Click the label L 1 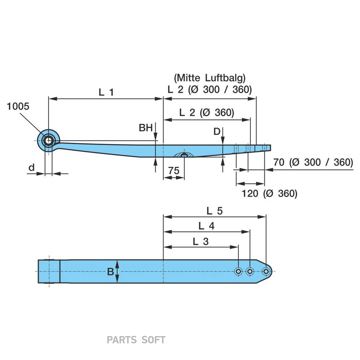click(106, 92)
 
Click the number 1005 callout click(18, 106)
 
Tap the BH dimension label click(146, 128)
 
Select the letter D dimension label click(217, 131)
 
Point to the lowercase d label click(32, 168)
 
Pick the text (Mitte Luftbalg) click(210, 78)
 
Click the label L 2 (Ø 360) click(206, 112)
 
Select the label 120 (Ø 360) click(270, 194)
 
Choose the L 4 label click(206, 226)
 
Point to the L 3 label click(201, 241)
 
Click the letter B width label click(110, 272)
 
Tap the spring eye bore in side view click(48, 140)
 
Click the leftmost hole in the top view click(238, 272)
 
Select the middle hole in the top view click(250, 272)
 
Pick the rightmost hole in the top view click(266, 272)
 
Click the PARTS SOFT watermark click(136, 340)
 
